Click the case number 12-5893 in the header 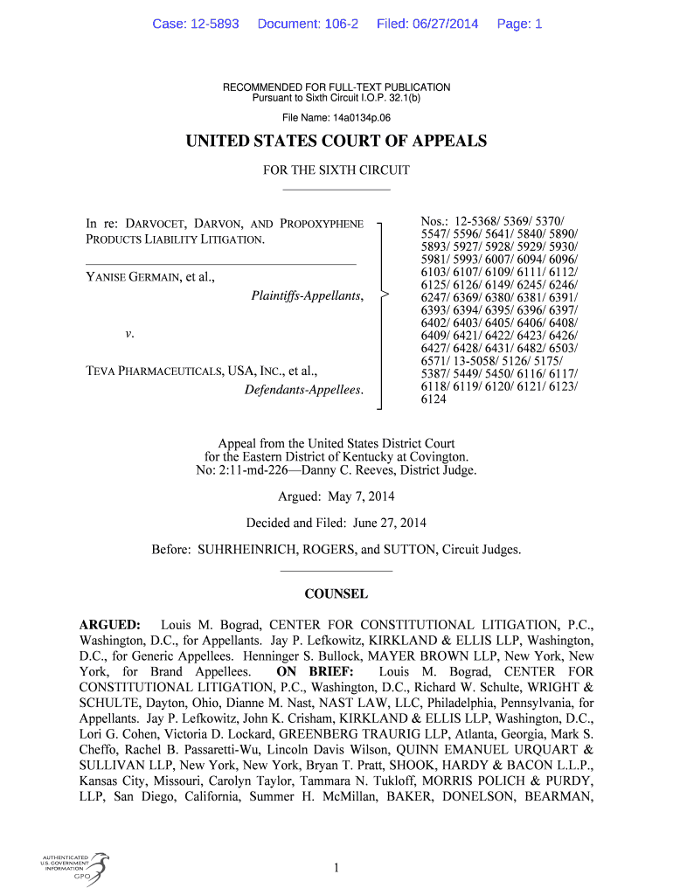tap(208, 24)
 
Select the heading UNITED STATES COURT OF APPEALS tap(336, 142)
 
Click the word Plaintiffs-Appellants tap(307, 296)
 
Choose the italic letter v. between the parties tap(128, 334)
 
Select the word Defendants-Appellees tap(303, 389)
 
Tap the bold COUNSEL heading tap(336, 594)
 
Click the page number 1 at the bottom tap(336, 867)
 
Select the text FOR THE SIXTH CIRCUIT tap(336, 170)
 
